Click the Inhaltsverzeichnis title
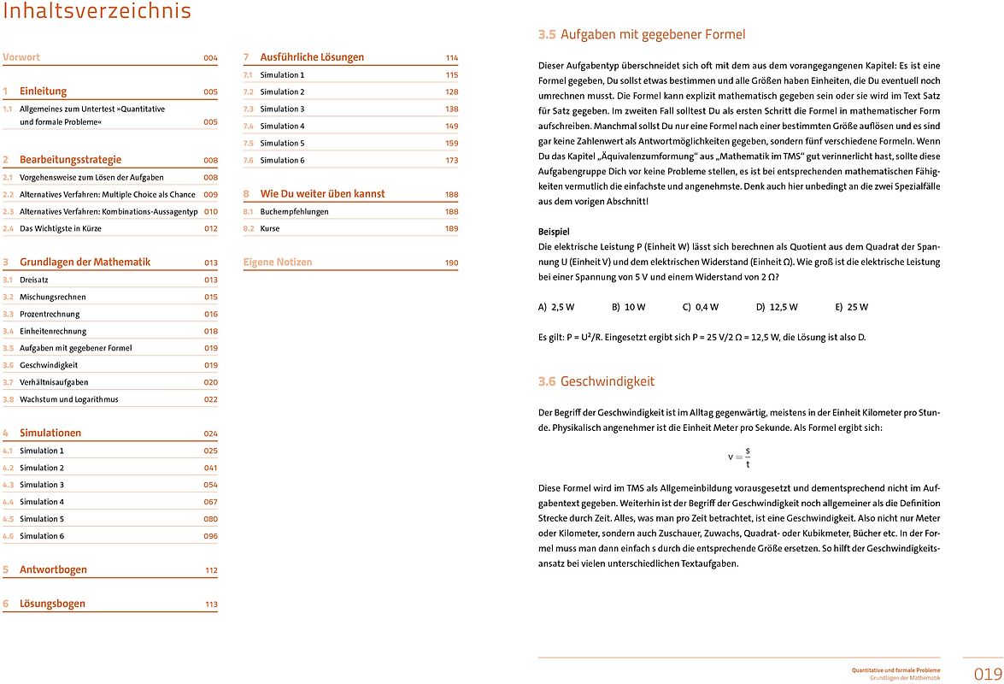[97, 12]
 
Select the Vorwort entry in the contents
[22, 57]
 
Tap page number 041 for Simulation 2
[210, 468]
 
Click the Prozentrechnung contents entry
[49, 314]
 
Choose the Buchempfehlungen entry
[294, 211]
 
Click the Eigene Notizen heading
[278, 262]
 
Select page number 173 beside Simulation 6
[451, 160]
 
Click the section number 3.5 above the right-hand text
[547, 35]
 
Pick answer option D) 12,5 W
[777, 307]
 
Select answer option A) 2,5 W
[556, 307]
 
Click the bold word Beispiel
[554, 232]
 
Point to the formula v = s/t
[739, 457]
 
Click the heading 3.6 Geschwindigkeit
[596, 381]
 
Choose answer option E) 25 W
[852, 307]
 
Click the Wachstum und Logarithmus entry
[69, 399]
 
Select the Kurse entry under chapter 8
[270, 228]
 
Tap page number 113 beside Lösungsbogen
[210, 604]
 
